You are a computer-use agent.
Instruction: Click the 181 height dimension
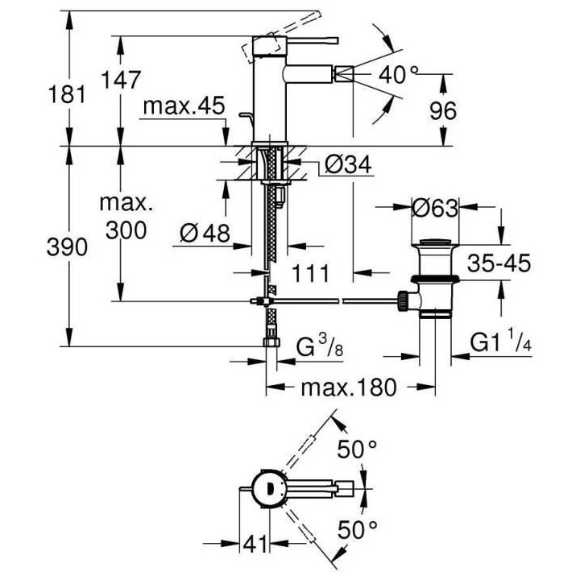coord(67,94)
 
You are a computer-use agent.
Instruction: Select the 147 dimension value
coord(121,80)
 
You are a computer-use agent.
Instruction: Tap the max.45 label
coord(184,106)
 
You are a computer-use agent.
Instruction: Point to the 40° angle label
coord(399,75)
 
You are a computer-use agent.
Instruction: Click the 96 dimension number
coord(443,110)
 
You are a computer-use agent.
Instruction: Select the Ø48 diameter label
coord(205,233)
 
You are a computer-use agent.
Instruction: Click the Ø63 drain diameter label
coord(435,208)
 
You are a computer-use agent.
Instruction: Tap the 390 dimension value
coord(67,247)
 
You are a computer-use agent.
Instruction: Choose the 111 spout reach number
coord(310,274)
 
